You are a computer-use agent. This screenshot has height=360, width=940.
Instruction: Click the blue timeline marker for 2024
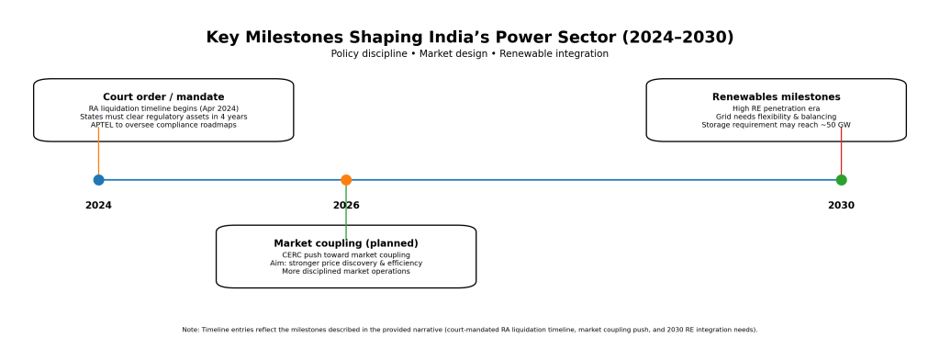point(98,179)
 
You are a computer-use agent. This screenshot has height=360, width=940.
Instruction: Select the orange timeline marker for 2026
point(346,179)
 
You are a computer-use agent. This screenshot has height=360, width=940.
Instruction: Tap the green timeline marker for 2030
point(841,179)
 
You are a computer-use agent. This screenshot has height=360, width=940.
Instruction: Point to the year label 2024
point(98,205)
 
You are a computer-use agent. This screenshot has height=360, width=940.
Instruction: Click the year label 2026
point(346,205)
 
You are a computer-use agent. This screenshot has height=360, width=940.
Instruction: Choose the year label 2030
point(841,205)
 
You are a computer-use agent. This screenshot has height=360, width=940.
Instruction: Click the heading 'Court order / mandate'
point(163,97)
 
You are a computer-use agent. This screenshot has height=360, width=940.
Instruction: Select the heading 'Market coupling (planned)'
point(346,243)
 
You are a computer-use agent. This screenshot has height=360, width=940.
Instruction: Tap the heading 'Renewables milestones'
point(777,97)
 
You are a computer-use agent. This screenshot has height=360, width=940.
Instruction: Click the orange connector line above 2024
point(98,153)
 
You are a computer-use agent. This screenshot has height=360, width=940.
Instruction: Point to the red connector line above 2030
point(841,153)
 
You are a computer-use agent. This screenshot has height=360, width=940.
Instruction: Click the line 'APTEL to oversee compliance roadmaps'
point(163,126)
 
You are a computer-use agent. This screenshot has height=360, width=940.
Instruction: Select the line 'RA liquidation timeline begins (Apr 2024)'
point(163,108)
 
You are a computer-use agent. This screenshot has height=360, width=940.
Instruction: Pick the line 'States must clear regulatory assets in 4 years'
point(163,117)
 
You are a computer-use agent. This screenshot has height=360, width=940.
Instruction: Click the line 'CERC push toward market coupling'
point(346,255)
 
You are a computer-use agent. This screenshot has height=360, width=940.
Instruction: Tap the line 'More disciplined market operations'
point(346,271)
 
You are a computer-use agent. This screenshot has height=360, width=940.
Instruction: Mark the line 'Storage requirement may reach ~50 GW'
point(777,126)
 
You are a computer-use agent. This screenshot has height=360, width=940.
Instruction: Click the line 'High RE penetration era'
point(777,108)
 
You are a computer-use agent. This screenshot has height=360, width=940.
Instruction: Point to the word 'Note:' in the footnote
point(191,330)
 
